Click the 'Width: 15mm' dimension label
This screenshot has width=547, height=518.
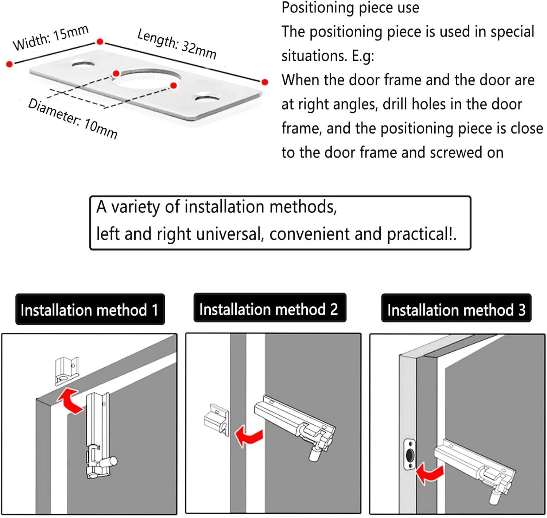coord(50,38)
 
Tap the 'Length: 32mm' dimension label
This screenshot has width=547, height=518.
coord(176,44)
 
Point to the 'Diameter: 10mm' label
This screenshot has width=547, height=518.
coord(73,118)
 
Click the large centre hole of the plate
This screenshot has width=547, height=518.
coord(146,78)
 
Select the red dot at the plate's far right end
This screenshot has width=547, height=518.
coord(265,82)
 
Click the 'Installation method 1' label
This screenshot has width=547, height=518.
coord(90,310)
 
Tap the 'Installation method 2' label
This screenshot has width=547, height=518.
coord(269,309)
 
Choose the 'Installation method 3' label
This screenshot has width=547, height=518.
coord(456,310)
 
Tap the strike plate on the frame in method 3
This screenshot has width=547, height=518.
coord(410,455)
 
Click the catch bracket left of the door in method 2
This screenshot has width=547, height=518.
coord(216,419)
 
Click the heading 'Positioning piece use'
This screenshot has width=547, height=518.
coord(350,8)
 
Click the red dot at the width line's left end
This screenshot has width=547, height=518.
coord(9,64)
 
